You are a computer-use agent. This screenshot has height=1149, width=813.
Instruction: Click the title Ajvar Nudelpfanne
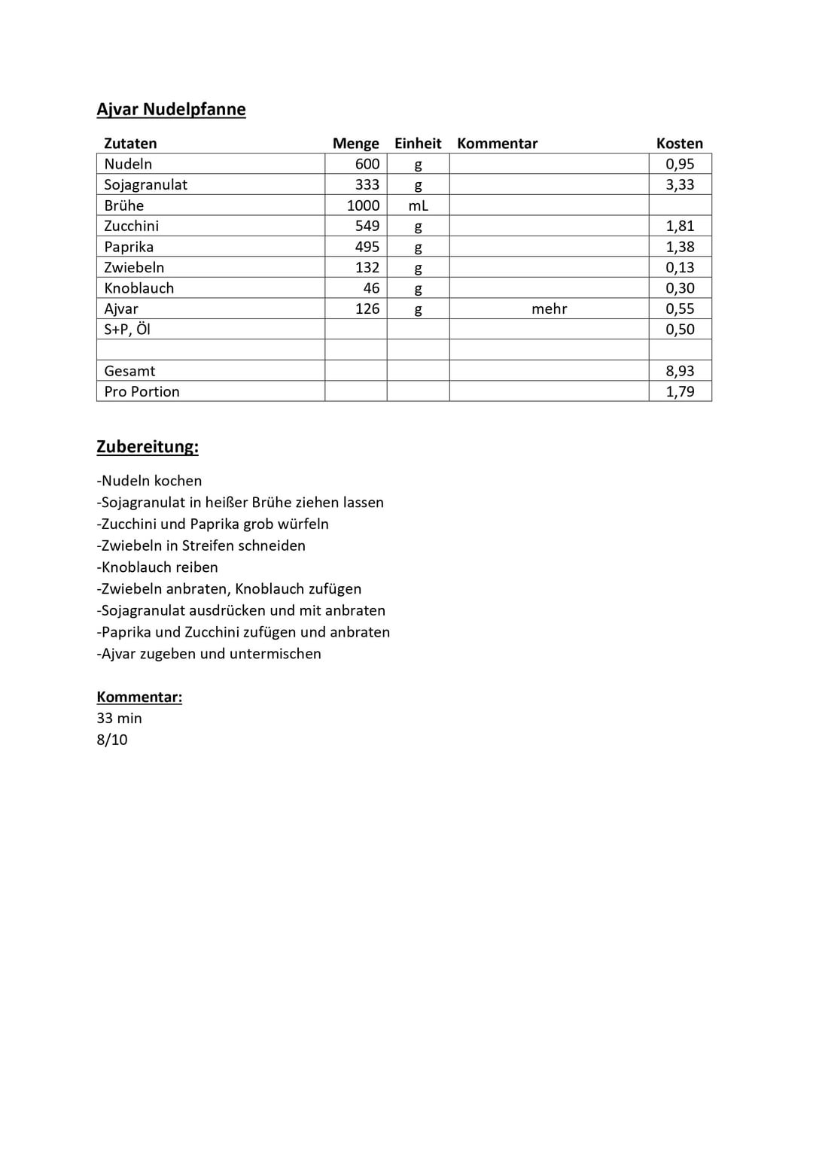click(x=171, y=109)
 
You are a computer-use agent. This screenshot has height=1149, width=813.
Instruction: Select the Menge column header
click(x=355, y=143)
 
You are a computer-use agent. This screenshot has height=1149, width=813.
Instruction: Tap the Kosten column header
click(x=679, y=143)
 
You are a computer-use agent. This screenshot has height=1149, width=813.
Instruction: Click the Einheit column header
click(x=418, y=143)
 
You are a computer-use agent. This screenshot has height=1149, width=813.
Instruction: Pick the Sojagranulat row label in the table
click(x=145, y=184)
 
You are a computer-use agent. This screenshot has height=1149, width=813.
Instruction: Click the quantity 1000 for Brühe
click(x=363, y=205)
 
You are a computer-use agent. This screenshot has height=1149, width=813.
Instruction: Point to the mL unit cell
click(x=418, y=205)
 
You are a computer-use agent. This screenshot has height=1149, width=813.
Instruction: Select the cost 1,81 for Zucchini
click(x=679, y=226)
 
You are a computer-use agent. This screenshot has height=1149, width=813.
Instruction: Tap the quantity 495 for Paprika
click(x=367, y=247)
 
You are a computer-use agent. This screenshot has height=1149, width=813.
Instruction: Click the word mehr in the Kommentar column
click(x=549, y=309)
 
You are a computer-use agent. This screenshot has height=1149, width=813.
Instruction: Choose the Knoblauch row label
click(x=139, y=288)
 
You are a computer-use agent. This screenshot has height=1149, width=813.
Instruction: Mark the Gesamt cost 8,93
click(x=679, y=371)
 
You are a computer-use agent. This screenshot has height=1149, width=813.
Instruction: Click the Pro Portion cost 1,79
click(x=679, y=391)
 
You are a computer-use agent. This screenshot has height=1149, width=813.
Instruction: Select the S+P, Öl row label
click(x=127, y=330)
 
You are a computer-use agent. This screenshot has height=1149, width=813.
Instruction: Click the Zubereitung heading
click(x=148, y=446)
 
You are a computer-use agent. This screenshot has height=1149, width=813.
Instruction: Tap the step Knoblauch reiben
click(x=157, y=567)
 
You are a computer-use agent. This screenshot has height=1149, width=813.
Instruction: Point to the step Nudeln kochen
click(x=149, y=481)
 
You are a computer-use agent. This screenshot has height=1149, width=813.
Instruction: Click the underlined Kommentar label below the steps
click(x=139, y=697)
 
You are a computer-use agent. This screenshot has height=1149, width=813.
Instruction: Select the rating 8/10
click(x=112, y=740)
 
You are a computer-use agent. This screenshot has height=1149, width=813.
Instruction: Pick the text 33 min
click(x=119, y=718)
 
